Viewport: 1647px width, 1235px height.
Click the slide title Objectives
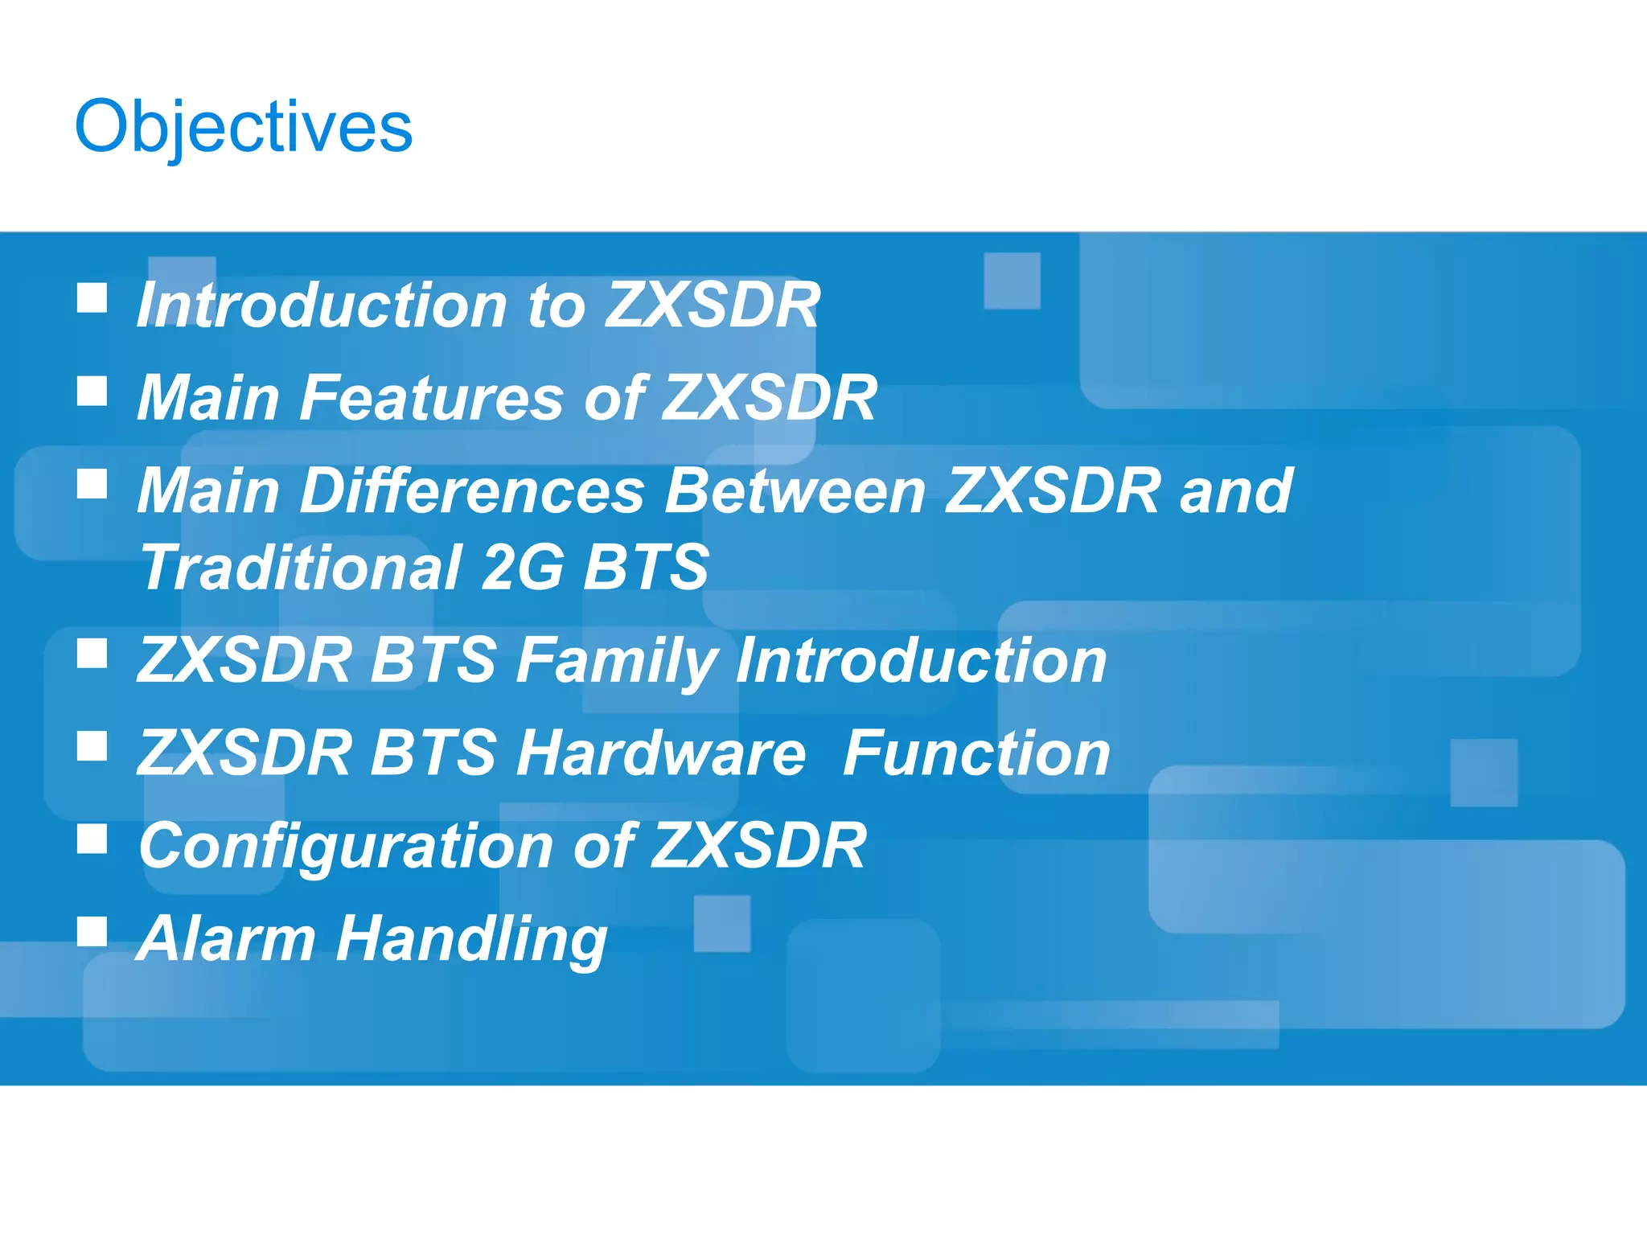point(243,127)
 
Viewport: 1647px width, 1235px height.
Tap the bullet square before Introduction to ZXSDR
point(92,297)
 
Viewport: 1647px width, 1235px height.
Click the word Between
point(796,490)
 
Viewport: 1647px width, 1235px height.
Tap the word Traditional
point(301,568)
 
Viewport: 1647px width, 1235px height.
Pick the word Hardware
point(660,753)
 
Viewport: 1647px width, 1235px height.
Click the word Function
point(976,753)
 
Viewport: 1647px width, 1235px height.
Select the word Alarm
point(226,938)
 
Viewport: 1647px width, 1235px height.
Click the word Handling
point(471,939)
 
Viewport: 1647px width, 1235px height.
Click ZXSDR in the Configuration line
point(758,846)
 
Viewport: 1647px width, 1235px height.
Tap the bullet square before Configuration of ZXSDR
point(92,839)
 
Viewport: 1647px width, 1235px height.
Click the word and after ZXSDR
point(1236,490)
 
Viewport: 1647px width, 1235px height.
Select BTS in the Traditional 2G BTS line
point(646,568)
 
